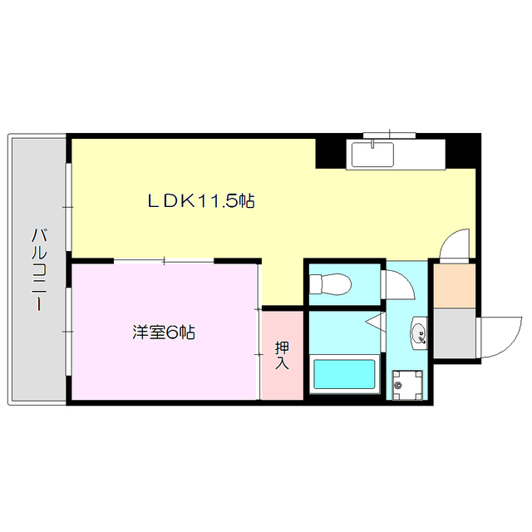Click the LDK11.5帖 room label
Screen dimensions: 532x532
click(200, 200)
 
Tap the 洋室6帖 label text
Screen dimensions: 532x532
click(163, 332)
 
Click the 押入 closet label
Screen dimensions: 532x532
click(282, 355)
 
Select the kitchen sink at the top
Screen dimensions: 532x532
click(374, 154)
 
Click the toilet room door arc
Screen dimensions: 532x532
click(397, 283)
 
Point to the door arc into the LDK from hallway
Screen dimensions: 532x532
click(457, 245)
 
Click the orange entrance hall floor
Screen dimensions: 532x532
click(453, 285)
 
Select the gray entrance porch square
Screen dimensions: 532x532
click(455, 332)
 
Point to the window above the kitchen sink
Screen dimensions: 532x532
click(389, 134)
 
